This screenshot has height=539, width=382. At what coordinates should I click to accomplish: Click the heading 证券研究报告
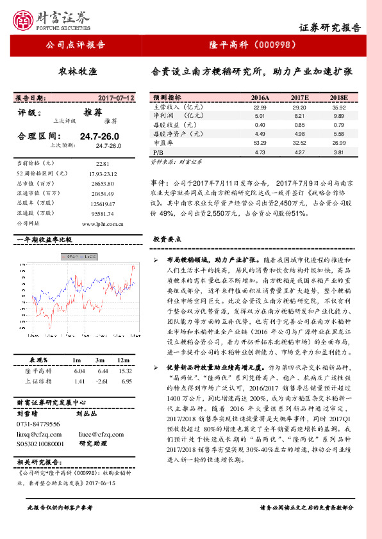pos(330,28)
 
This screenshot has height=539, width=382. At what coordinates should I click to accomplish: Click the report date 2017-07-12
pos(116,98)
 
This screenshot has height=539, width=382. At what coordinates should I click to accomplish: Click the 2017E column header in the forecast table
pos(300,97)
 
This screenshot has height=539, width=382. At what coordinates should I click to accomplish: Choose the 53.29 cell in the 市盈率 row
pos(260,143)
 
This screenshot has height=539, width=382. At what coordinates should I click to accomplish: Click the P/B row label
pos(159,152)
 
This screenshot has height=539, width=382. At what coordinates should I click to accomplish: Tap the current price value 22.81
pos(103,164)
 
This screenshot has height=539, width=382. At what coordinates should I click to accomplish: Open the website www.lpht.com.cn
pos(103,224)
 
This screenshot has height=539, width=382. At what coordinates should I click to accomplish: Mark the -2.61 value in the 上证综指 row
pos(102,381)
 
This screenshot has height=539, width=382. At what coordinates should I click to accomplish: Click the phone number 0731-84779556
pos(38,424)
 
